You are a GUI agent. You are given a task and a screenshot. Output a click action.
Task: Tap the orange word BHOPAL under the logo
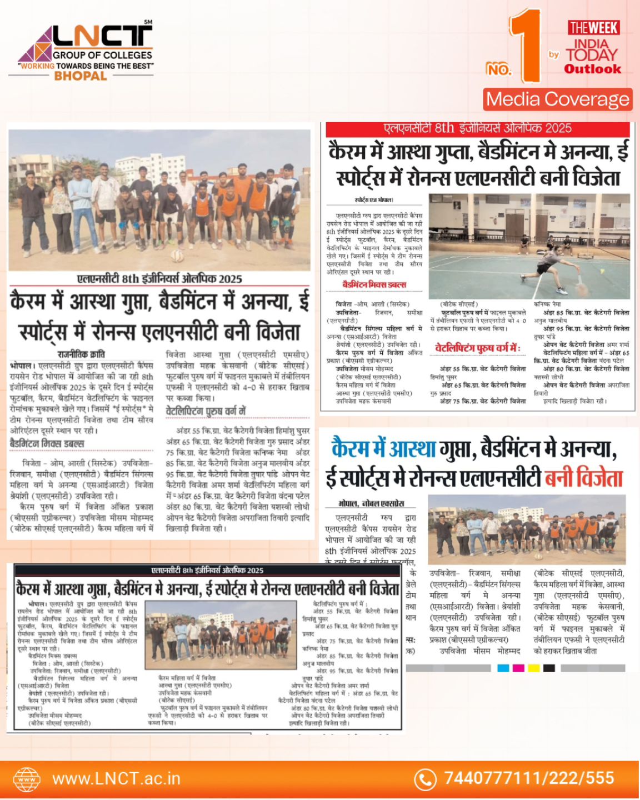(x=80, y=76)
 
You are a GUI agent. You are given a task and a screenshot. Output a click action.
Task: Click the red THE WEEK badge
(x=593, y=28)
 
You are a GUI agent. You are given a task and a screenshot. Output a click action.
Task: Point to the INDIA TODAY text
(x=591, y=49)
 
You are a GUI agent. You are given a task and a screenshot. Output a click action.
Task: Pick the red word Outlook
(x=592, y=69)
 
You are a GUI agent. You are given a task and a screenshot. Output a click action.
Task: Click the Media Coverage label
(x=557, y=99)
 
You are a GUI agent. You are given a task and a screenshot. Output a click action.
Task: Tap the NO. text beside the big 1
(x=498, y=69)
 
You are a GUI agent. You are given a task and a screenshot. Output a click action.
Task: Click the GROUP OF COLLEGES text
(x=102, y=55)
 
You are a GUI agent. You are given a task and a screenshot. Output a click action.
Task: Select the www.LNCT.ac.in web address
(x=116, y=778)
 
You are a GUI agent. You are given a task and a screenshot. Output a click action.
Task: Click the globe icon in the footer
(x=27, y=779)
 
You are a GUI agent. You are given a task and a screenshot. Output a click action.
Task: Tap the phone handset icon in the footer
(x=426, y=779)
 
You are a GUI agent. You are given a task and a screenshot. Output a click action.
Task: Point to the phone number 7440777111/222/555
(x=529, y=778)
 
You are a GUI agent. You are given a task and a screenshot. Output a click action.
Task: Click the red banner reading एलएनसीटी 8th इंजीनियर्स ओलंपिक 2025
(x=478, y=128)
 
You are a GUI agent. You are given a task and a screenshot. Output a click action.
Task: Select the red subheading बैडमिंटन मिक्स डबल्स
(x=374, y=285)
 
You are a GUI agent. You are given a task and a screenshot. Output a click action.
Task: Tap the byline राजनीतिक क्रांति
(x=81, y=354)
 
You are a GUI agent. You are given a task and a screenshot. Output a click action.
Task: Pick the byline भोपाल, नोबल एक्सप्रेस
(x=371, y=503)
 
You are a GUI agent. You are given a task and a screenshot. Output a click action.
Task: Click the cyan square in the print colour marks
(x=503, y=668)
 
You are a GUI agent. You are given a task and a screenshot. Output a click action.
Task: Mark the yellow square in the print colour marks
(x=534, y=668)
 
